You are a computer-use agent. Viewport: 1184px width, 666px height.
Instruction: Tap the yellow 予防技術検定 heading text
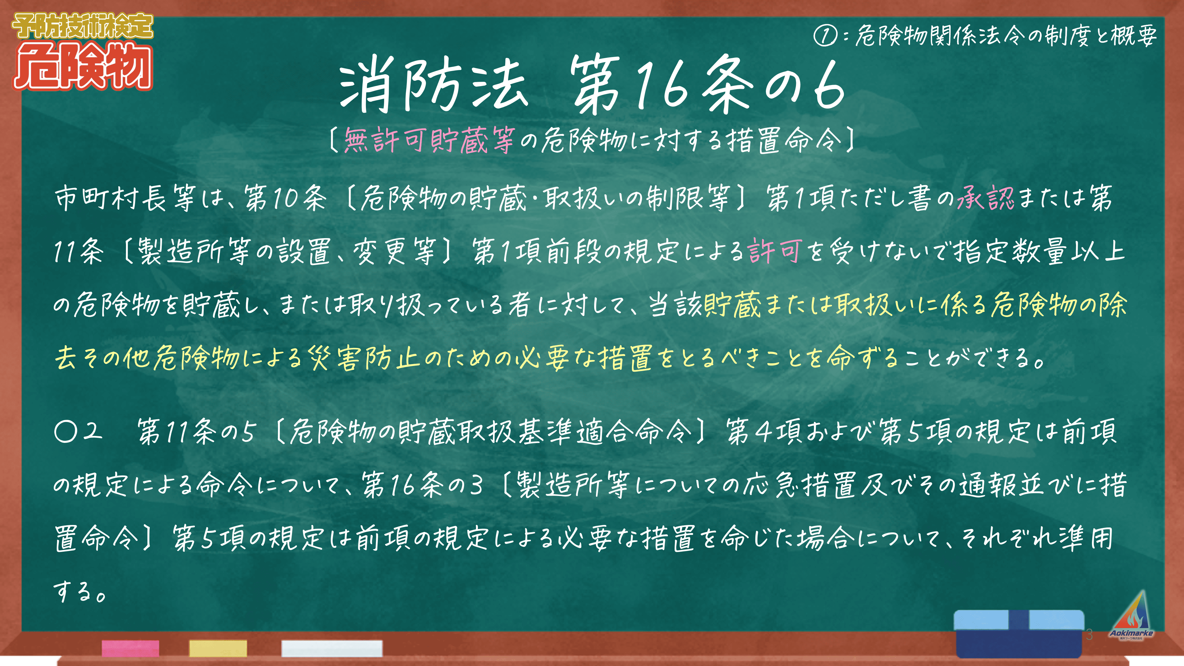click(83, 26)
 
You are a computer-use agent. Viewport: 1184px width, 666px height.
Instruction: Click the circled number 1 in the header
click(825, 36)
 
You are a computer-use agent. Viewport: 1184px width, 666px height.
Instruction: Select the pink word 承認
click(985, 199)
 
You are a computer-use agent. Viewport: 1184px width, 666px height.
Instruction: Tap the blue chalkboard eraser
click(1020, 633)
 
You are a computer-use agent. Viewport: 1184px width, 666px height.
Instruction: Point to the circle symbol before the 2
click(65, 432)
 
